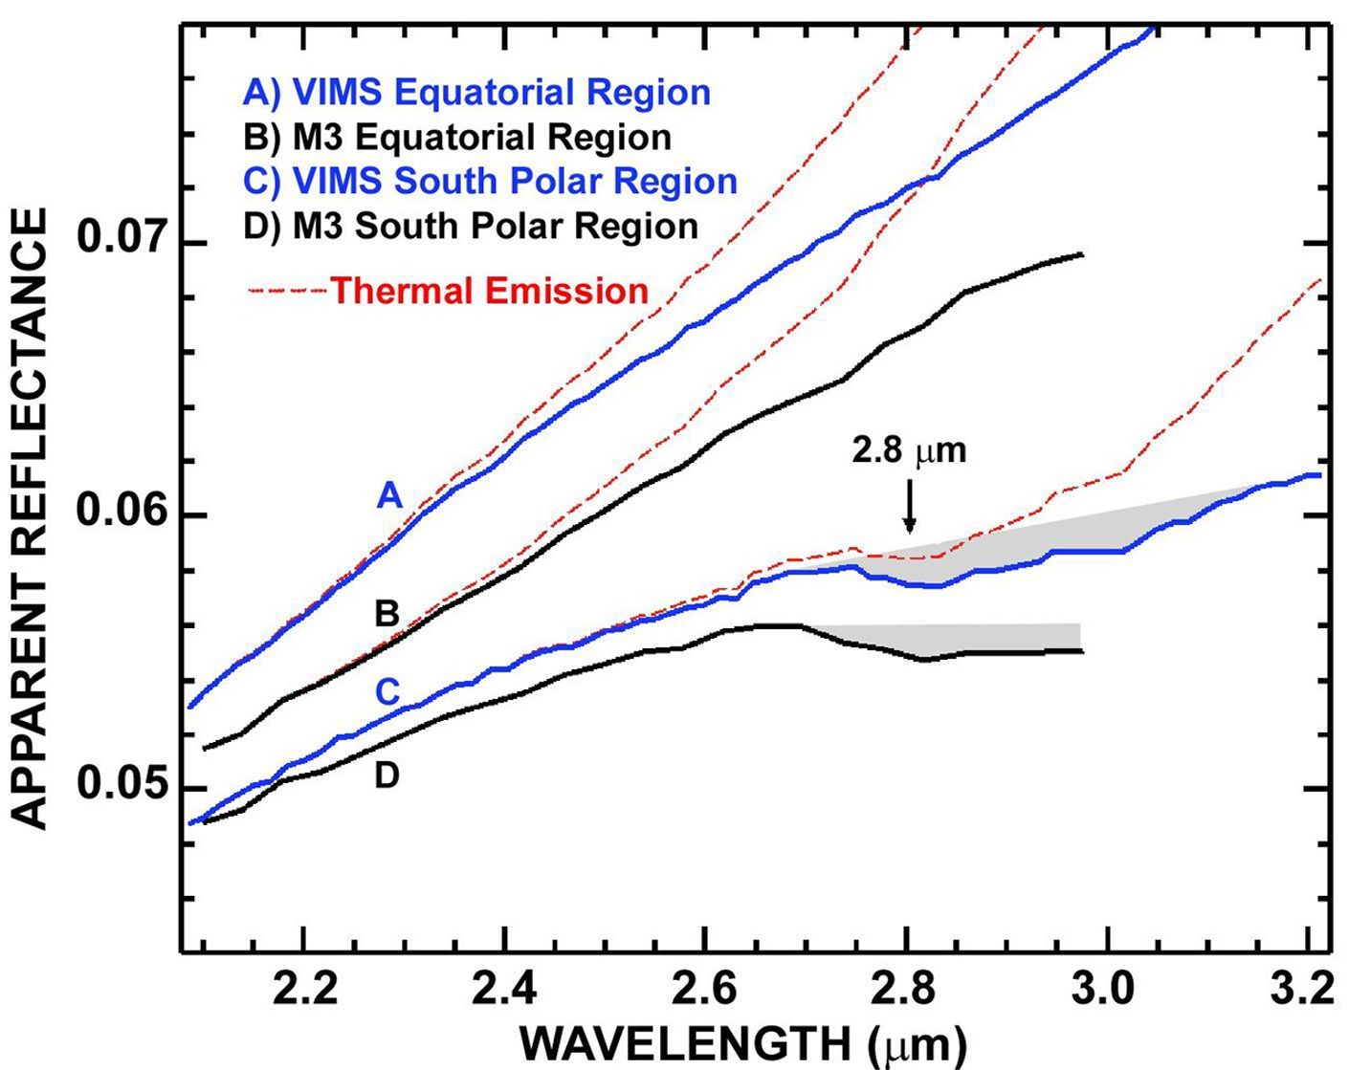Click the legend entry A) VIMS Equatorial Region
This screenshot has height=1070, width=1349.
pos(476,93)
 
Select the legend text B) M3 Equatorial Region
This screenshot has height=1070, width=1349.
pos(457,138)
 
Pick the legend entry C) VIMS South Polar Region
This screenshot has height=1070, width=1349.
pos(490,182)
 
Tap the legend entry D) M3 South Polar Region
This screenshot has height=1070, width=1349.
pos(470,226)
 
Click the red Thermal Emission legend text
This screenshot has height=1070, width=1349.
pos(489,291)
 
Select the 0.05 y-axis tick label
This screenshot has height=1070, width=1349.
pos(121,786)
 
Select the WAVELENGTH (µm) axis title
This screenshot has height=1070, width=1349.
pos(742,1044)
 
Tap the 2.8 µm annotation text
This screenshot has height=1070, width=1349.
pos(909,451)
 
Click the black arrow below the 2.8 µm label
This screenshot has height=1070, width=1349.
pos(909,505)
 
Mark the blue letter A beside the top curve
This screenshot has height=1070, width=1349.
pos(389,495)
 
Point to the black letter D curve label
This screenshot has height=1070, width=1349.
pos(386,775)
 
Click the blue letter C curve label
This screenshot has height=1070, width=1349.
pos(387,690)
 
